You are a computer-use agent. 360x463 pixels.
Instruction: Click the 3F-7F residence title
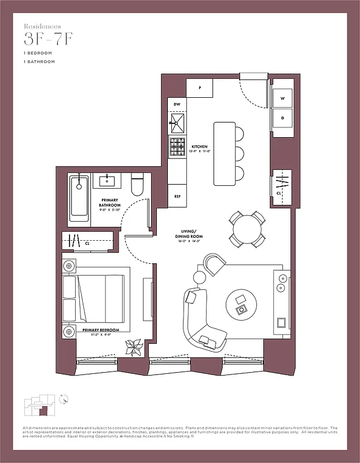pos(48,39)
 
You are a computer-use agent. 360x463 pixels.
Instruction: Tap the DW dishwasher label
pos(177,104)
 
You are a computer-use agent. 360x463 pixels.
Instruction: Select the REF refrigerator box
pos(177,196)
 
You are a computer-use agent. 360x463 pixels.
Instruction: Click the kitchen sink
pos(178,122)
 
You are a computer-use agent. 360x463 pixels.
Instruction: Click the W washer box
pos(283,98)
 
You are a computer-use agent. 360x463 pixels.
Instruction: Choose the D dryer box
pos(283,118)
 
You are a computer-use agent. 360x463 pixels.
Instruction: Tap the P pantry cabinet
pos(199,88)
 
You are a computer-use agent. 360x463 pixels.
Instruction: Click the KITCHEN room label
pos(199,147)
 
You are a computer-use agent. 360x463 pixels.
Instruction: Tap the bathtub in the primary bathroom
pos(80,199)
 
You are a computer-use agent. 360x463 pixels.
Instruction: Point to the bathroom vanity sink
pos(108,181)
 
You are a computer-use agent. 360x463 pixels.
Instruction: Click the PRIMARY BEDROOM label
pos(101,330)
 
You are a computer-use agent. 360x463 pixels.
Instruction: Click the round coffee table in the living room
pos(239,303)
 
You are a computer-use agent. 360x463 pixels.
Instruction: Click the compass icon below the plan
pos(65,398)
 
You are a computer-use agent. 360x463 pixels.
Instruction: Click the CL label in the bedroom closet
pos(87,244)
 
